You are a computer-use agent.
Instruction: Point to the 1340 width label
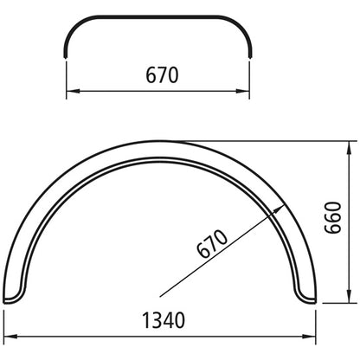pos(161,322)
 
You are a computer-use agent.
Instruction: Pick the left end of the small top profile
pos(67,56)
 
